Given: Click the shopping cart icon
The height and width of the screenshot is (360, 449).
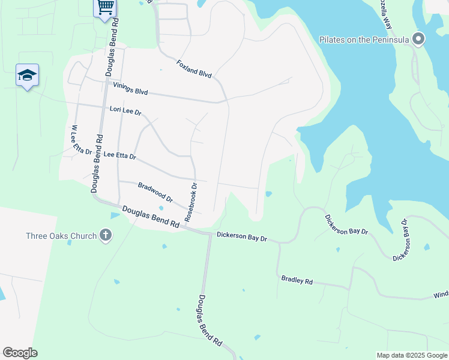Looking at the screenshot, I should click(105, 7).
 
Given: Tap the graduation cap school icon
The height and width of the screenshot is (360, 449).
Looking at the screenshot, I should click(27, 75).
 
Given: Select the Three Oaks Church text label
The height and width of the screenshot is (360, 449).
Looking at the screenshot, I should click(61, 236).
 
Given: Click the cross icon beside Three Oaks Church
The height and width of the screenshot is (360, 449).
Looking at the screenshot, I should click(106, 235).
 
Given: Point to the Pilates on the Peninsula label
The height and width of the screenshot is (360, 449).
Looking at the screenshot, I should click(364, 40).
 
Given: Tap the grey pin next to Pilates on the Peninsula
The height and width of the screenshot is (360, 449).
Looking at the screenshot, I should click(419, 40).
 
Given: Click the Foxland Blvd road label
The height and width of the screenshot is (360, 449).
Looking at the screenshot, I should click(194, 68).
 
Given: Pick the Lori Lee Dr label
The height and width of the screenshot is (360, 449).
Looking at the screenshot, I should click(125, 111).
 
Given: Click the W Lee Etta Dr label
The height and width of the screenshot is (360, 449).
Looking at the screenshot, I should click(80, 140).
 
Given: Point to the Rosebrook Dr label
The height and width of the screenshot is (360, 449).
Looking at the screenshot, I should click(191, 202).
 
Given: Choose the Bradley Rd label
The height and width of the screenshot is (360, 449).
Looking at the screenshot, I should click(297, 280).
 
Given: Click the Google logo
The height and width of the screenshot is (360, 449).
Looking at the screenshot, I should click(20, 353).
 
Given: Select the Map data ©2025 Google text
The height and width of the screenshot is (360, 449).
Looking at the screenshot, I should click(412, 355).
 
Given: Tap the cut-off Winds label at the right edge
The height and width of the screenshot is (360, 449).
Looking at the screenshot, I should click(441, 296).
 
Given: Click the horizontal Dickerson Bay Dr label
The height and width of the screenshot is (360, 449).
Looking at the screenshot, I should click(241, 237).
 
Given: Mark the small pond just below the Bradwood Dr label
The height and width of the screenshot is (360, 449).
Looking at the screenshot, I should click(161, 208).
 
